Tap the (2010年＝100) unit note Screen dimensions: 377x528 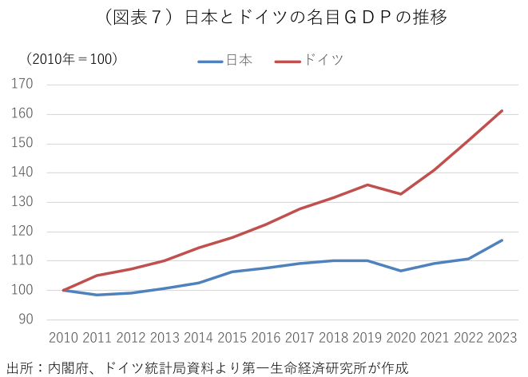pyautogui.click(x=71, y=59)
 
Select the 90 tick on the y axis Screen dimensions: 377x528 pyautogui.click(x=26, y=319)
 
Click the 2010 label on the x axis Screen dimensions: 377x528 pyautogui.click(x=64, y=338)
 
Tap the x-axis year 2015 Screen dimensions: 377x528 pyautogui.click(x=232, y=338)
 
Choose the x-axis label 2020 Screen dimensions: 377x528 pyautogui.click(x=401, y=338)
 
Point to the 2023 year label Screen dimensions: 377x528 pyautogui.click(x=502, y=338)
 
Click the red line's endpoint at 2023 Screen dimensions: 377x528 pyautogui.click(x=502, y=111)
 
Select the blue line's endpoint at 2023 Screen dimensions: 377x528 pyautogui.click(x=502, y=240)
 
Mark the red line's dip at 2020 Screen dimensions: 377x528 pyautogui.click(x=401, y=194)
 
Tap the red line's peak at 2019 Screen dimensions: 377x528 pyautogui.click(x=367, y=185)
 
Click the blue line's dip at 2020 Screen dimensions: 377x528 pyautogui.click(x=401, y=271)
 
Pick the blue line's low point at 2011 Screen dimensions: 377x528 pyautogui.click(x=97, y=295)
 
